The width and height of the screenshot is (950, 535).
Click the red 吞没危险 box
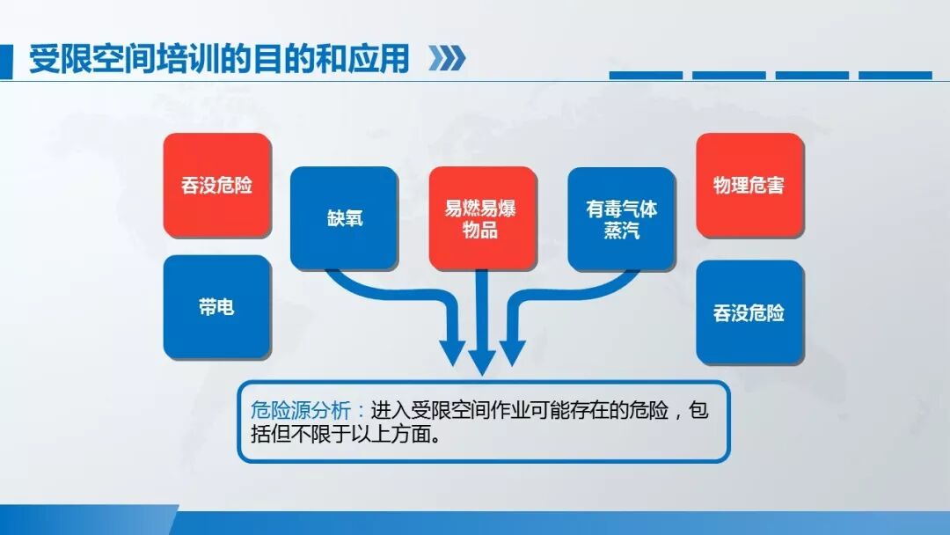tap(216, 186)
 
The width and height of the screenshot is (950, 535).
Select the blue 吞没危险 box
tap(749, 312)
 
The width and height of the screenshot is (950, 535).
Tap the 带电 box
tap(216, 307)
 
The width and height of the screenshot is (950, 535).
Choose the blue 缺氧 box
tap(343, 217)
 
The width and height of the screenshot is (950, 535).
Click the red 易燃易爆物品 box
tap(481, 218)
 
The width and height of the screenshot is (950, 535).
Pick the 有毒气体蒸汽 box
tap(621, 218)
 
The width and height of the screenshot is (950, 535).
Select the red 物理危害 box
tap(749, 185)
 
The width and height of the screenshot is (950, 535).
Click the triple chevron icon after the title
tap(446, 59)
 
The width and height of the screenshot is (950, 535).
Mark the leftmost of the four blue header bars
tap(645, 76)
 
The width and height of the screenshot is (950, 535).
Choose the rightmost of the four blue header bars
tap(895, 76)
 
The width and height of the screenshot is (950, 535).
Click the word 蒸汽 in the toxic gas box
tap(621, 231)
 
